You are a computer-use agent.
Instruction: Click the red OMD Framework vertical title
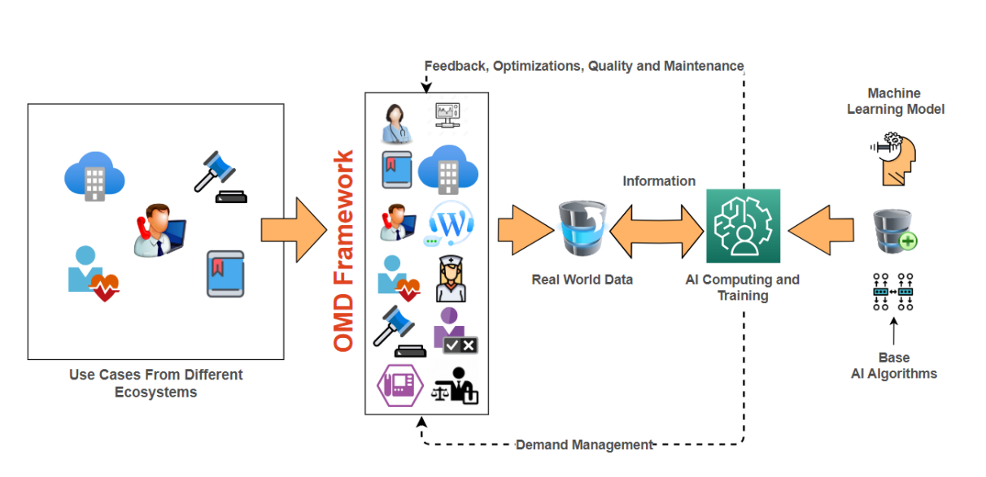344,251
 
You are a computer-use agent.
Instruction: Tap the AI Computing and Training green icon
743,226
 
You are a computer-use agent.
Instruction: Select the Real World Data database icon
582,229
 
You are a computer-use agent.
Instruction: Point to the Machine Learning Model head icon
893,158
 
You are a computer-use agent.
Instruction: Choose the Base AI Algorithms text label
894,366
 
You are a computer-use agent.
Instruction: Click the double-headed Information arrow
657,229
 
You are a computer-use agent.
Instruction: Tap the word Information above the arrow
659,181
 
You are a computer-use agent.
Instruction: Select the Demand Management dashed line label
584,444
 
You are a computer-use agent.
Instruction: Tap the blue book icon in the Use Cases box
225,273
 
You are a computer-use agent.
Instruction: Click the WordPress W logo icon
449,223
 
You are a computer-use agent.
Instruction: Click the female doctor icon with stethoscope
397,124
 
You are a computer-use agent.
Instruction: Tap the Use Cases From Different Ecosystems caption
156,383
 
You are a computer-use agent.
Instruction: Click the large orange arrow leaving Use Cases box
292,229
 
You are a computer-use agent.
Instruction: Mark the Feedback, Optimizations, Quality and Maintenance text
584,66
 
